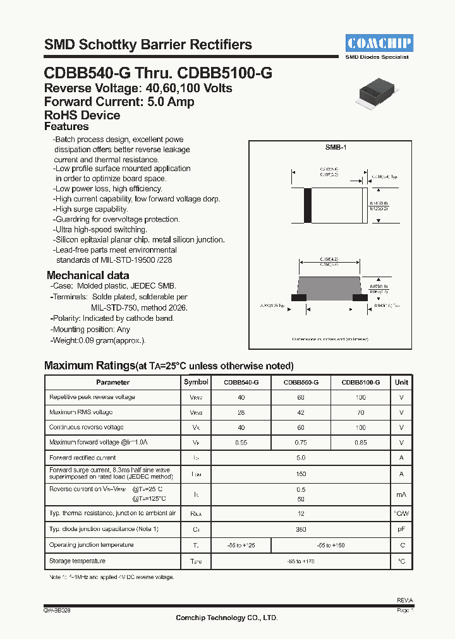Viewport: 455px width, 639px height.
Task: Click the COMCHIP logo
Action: click(379, 43)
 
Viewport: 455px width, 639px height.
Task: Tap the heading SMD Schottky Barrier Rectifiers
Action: click(148, 45)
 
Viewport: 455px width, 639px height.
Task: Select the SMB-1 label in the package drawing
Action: click(336, 147)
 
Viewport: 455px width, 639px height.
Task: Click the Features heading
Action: click(66, 127)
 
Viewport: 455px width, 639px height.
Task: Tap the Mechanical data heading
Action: click(88, 275)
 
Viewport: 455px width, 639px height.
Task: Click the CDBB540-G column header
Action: click(241, 382)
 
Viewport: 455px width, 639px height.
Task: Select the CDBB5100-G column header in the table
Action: click(360, 382)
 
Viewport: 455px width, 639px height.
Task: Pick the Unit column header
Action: click(401, 382)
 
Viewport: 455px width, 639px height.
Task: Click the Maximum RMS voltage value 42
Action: click(300, 412)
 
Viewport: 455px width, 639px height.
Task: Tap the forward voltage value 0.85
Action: click(360, 443)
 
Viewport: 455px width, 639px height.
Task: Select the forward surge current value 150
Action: click(300, 474)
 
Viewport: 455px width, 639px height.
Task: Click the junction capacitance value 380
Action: click(300, 529)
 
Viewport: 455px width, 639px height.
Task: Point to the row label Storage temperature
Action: click(77, 561)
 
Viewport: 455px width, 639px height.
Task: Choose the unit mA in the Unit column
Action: click(401, 495)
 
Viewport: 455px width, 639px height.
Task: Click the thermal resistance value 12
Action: click(300, 514)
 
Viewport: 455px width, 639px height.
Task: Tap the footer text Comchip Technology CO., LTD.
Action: click(226, 618)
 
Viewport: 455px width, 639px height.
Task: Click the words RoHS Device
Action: click(82, 115)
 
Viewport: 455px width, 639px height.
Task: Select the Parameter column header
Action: click(112, 382)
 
